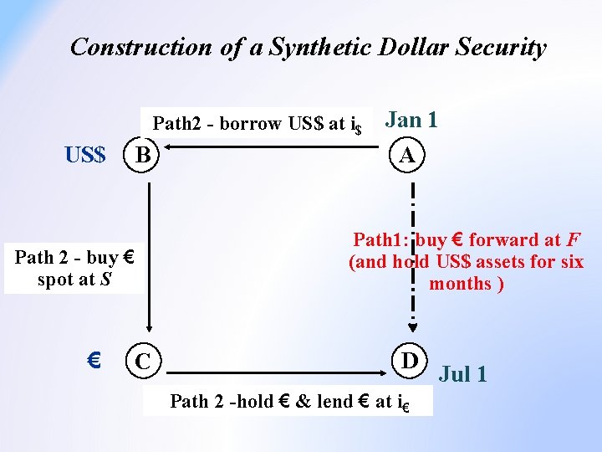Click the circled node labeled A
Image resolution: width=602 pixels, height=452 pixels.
(407, 155)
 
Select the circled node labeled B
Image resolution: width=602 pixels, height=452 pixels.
(144, 155)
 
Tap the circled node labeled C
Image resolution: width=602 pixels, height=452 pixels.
(144, 362)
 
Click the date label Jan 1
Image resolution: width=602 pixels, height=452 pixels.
(411, 120)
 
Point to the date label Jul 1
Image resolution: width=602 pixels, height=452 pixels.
(462, 373)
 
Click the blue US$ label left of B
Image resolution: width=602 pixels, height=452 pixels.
(85, 155)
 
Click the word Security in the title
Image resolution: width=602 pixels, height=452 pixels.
(500, 47)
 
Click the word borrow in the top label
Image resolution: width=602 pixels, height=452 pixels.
(250, 124)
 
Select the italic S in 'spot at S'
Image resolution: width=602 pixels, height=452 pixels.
(105, 280)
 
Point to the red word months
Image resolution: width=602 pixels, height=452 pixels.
(460, 284)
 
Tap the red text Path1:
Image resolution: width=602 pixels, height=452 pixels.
(380, 240)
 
